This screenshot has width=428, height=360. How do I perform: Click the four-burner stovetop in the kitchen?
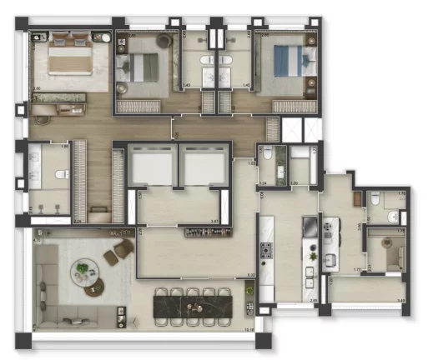[x=268, y=249]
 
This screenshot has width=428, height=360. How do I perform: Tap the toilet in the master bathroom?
[x=61, y=174]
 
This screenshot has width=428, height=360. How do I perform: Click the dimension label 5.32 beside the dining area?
[x=251, y=275]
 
